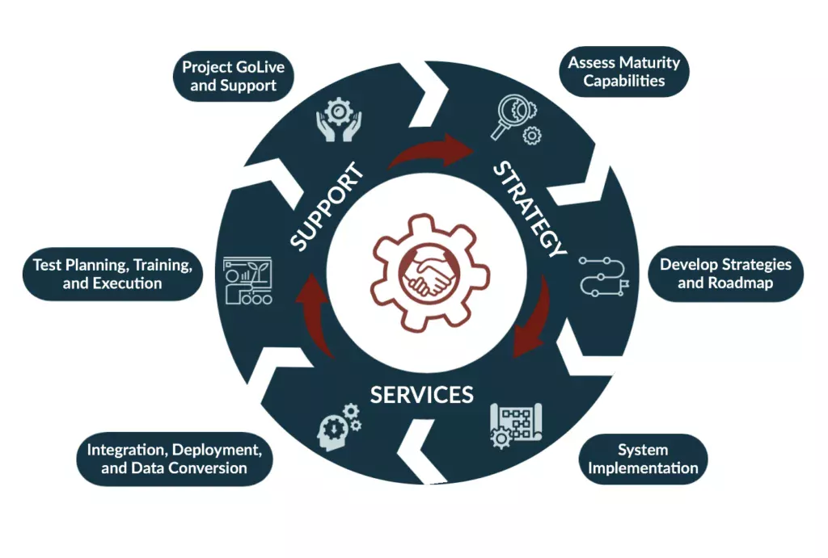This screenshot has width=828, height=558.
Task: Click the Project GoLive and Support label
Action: point(234,75)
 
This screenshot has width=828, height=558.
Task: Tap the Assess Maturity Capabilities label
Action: point(623,71)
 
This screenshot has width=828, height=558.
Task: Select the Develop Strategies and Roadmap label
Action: point(725,274)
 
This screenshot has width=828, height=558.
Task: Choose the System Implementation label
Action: point(643,459)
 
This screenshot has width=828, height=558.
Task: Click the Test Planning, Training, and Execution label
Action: point(112,274)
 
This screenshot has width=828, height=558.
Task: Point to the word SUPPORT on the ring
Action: point(324,207)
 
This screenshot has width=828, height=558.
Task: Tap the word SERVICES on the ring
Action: point(421,394)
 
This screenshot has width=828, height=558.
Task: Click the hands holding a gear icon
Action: point(338,121)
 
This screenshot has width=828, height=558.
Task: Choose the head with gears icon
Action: point(340,422)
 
